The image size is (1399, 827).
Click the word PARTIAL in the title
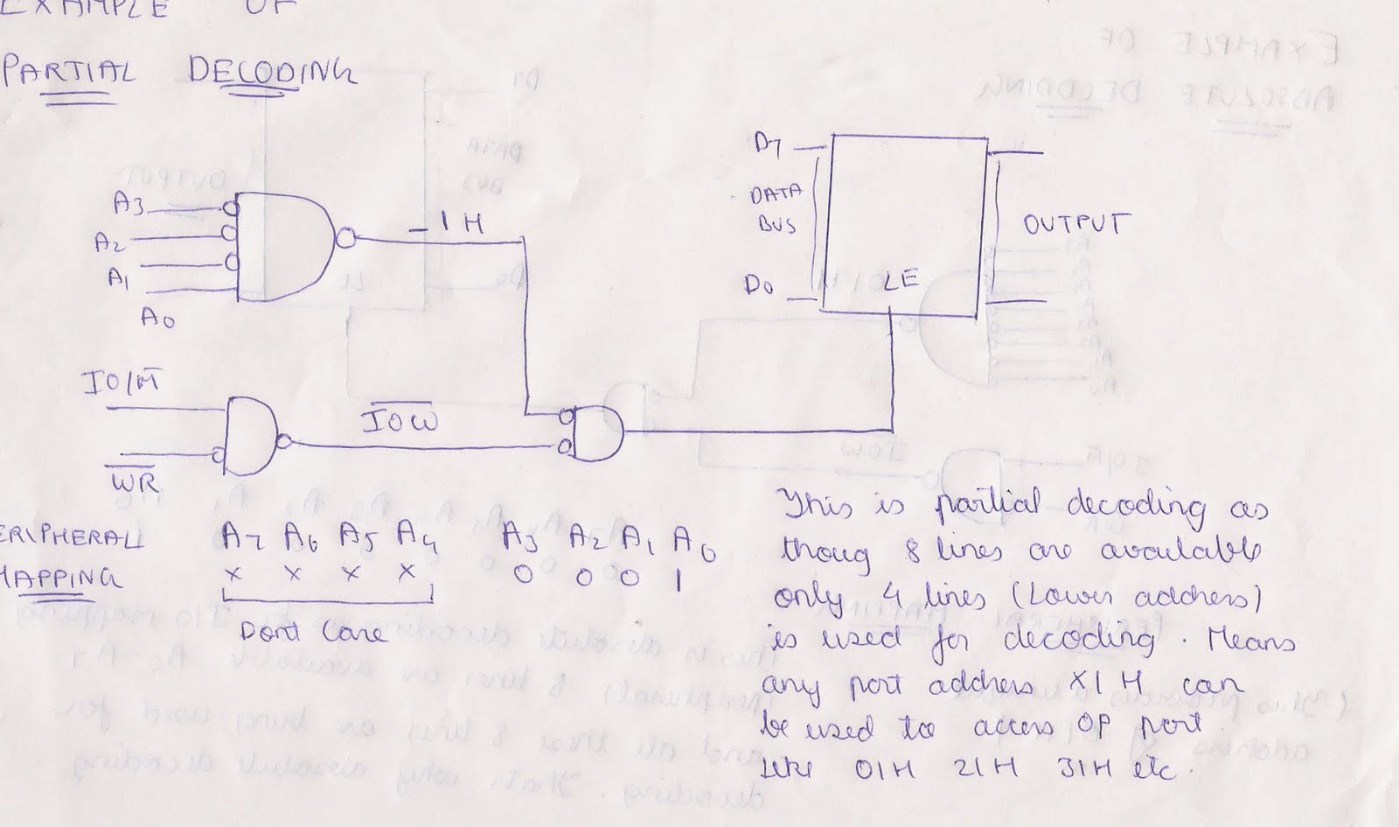tap(68, 72)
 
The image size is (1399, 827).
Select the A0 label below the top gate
tap(158, 316)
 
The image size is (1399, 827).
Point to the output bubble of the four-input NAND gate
tap(346, 238)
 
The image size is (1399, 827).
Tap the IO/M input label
tap(121, 384)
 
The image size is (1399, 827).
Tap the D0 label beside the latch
tap(758, 285)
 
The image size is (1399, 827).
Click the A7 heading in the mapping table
tap(242, 535)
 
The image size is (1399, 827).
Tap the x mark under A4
tap(406, 573)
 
